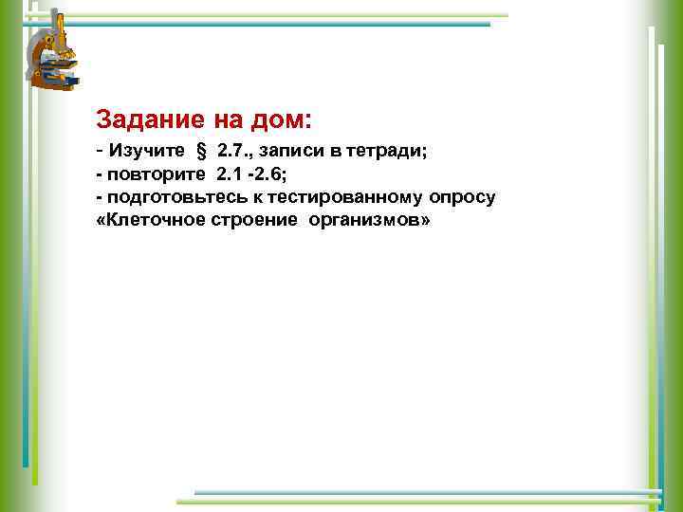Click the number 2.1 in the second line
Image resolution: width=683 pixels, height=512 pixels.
pos(230,174)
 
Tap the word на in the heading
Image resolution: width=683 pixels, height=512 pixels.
pos(226,121)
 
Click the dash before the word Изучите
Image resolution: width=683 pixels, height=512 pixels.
pos(100,151)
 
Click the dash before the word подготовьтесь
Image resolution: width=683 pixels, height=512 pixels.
pos(100,197)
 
